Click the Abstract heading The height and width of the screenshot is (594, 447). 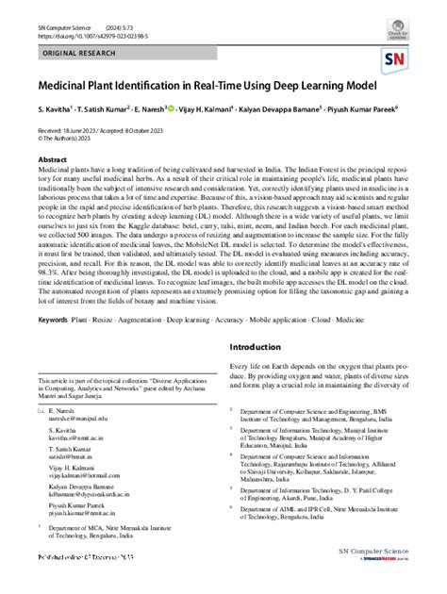pos(52,160)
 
